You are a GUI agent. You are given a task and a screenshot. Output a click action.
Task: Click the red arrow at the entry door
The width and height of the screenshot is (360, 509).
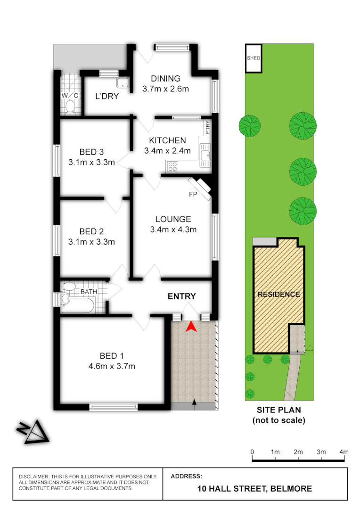pos(190,326)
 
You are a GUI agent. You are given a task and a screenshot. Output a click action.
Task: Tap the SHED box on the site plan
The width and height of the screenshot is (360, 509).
pos(253,58)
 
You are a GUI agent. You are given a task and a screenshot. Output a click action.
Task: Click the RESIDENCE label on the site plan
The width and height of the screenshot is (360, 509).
pos(278,294)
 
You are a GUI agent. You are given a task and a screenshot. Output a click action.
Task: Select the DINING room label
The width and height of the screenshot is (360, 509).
pos(165,79)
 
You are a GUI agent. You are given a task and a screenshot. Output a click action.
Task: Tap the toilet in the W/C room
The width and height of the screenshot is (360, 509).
pos(71,106)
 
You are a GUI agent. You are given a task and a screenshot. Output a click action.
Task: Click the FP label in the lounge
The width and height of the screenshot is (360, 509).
pos(192,194)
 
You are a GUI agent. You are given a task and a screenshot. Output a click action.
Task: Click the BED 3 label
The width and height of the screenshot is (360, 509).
pos(91,152)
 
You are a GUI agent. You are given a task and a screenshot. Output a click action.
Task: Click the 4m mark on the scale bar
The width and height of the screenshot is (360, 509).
pos(344,452)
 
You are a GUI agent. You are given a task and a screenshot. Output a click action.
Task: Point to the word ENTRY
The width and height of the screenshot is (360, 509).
pos(181,296)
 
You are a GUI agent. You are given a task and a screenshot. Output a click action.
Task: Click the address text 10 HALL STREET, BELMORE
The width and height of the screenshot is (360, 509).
pos(254,489)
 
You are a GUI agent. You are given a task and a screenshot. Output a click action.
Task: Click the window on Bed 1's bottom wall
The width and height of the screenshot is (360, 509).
pos(113,406)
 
